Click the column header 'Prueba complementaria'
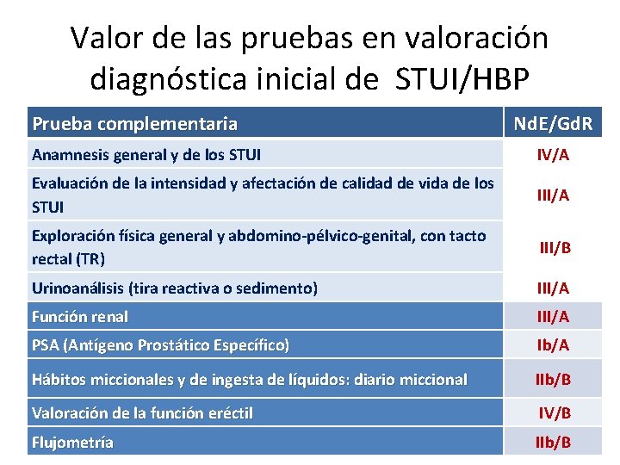(134, 124)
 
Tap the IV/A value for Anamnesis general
(553, 156)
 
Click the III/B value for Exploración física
(555, 248)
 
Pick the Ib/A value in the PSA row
(553, 345)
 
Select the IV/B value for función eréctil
(555, 412)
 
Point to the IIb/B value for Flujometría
(553, 443)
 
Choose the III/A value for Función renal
(553, 317)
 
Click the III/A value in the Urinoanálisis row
(553, 288)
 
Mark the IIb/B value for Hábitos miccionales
(553, 379)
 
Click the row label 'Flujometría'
(72, 443)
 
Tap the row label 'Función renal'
(79, 317)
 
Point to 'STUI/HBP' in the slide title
(462, 78)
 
